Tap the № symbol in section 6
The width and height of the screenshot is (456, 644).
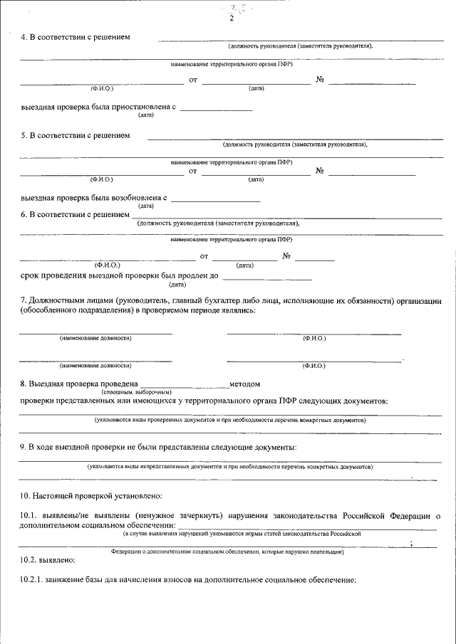[287, 256]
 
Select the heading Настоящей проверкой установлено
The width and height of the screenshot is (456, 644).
[100, 495]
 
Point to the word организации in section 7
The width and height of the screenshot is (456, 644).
[418, 301]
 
